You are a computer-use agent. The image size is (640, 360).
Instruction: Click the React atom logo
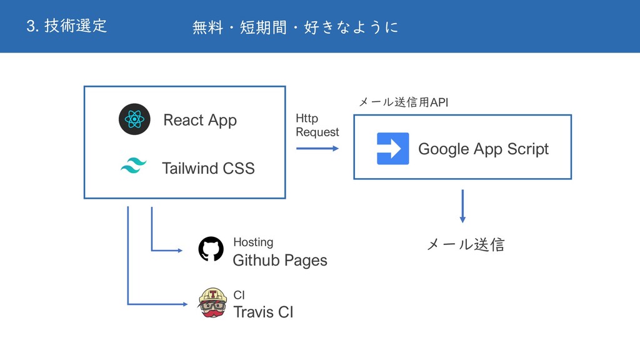click(x=134, y=119)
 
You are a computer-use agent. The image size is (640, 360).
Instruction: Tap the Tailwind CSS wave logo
click(x=132, y=166)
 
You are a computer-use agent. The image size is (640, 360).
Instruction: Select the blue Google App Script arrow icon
click(x=393, y=149)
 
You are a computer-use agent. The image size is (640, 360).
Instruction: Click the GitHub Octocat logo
click(x=211, y=249)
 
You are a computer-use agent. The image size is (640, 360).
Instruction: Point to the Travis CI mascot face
click(x=212, y=303)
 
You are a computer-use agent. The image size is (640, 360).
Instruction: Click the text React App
click(x=200, y=120)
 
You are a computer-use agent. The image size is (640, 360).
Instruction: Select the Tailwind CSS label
click(x=208, y=168)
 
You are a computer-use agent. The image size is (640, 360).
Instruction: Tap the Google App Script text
click(x=483, y=149)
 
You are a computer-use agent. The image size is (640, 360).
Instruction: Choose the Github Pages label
click(x=279, y=260)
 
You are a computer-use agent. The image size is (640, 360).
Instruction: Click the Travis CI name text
click(x=262, y=312)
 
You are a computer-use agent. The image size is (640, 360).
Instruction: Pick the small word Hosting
click(x=253, y=242)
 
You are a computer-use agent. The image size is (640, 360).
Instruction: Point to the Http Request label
click(x=317, y=125)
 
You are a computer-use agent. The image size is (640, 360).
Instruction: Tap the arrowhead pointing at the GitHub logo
click(x=179, y=251)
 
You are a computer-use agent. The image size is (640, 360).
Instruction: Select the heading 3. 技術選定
click(x=67, y=26)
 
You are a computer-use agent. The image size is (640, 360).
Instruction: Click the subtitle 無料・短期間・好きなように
click(x=295, y=27)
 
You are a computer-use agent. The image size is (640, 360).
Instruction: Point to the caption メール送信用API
click(x=403, y=102)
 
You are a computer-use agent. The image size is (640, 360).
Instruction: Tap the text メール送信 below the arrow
click(x=465, y=245)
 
